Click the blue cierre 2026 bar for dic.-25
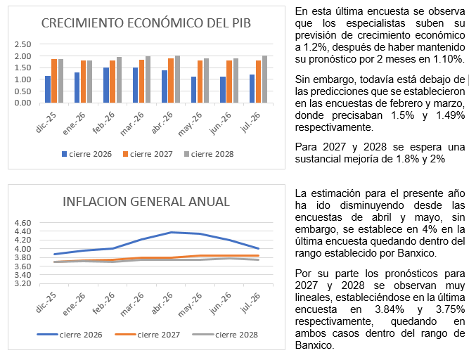point(48,89)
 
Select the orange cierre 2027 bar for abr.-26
point(171,80)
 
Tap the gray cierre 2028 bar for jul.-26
point(264,79)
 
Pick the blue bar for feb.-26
point(106,85)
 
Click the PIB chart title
point(146,23)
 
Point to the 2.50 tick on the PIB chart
point(22,44)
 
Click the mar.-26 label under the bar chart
point(132,124)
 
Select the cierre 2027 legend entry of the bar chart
point(148,154)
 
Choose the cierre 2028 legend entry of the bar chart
point(209,154)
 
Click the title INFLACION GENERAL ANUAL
point(146,202)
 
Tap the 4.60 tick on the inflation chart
point(22,223)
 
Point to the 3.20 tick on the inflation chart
point(22,283)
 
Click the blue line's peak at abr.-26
point(171,233)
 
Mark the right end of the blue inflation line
point(258,249)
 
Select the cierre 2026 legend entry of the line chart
point(70,335)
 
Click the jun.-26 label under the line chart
point(220,304)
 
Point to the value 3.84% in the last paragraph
point(390,309)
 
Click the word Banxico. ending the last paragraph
point(314,345)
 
